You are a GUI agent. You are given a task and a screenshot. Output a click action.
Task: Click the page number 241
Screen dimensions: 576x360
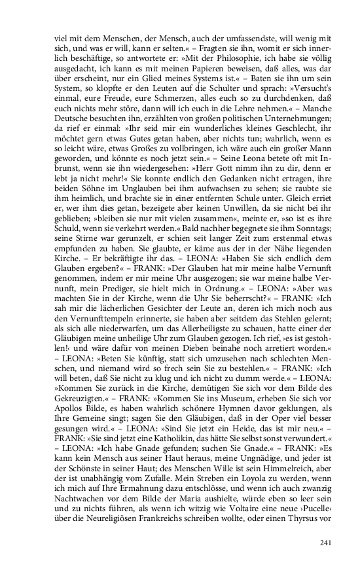(x=325, y=541)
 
